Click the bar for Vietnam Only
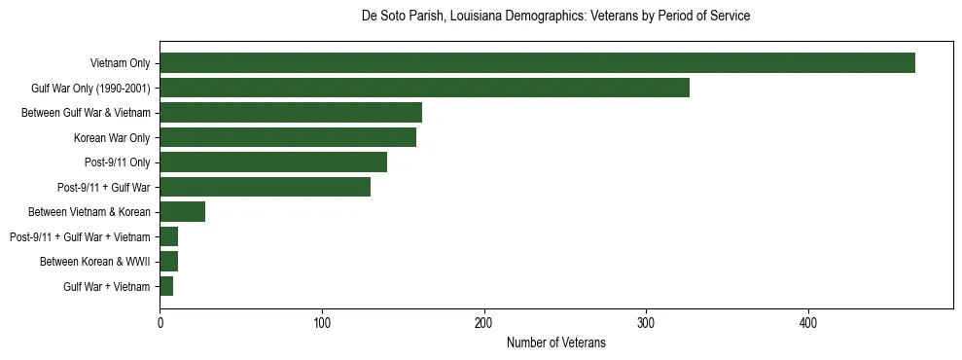tap(537, 63)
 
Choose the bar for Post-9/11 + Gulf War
tap(265, 187)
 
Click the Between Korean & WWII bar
tap(168, 262)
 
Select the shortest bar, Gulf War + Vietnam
tap(166, 286)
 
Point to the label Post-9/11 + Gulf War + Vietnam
tap(80, 236)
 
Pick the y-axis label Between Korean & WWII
tap(94, 262)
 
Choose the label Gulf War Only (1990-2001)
tap(90, 88)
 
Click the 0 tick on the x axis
tap(160, 323)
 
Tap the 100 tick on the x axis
tap(322, 323)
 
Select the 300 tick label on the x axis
tap(646, 323)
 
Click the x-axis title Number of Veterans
tap(555, 342)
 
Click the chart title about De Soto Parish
tap(555, 17)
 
